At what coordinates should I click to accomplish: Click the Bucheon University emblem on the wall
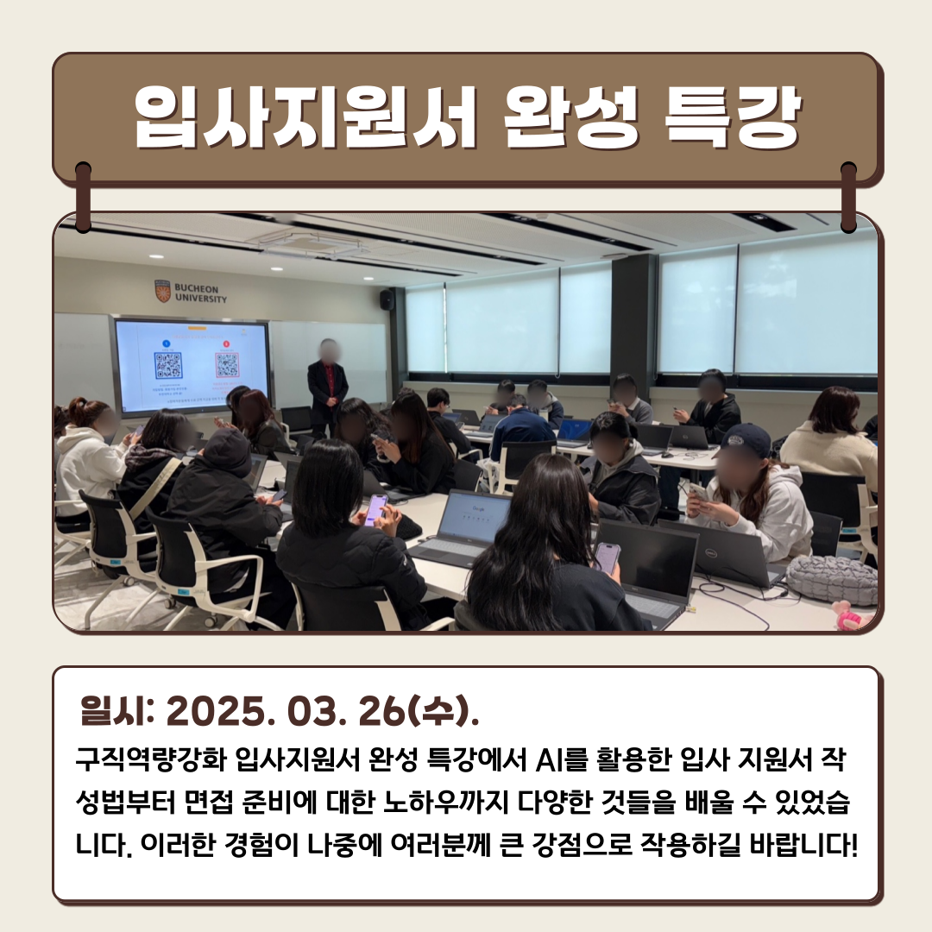[x=162, y=291]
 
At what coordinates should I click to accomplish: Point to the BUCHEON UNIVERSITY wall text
[x=201, y=293]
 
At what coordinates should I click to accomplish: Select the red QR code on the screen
[x=226, y=365]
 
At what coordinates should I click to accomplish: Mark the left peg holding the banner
[x=83, y=196]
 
